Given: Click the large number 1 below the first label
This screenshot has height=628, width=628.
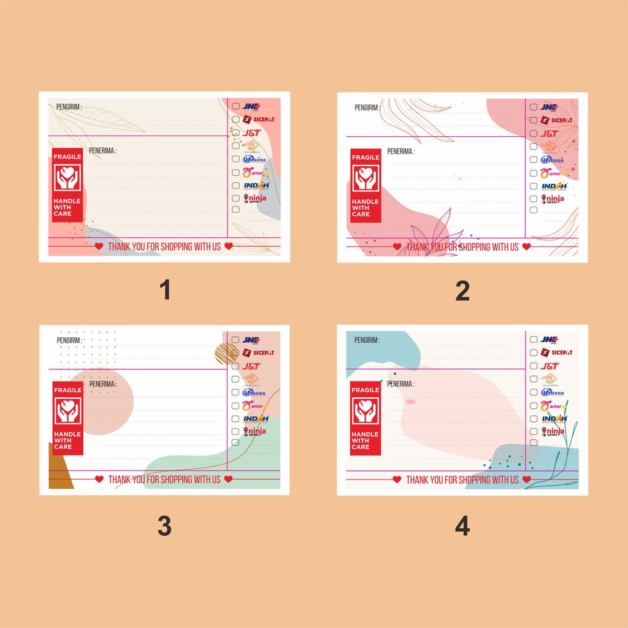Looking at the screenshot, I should (x=164, y=291).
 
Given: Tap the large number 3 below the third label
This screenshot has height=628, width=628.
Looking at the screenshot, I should (x=164, y=526).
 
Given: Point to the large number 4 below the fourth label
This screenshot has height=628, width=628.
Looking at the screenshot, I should (x=462, y=526).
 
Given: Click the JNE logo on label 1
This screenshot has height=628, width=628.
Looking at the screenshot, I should (x=251, y=107).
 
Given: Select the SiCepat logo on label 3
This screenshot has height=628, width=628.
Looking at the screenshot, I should (x=258, y=353).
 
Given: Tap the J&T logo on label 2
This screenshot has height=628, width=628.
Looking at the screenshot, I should (x=549, y=133).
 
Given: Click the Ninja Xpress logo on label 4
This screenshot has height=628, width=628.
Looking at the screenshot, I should (x=553, y=431).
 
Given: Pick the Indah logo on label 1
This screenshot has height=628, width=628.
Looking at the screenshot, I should (x=256, y=185).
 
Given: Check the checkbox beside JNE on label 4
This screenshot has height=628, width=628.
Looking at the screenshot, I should (x=534, y=340).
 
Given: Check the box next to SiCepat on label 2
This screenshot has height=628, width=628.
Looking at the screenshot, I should (x=534, y=120).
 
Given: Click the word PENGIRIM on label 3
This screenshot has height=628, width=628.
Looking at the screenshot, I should (x=69, y=340).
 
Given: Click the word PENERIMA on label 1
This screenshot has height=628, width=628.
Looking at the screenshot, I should (x=102, y=150).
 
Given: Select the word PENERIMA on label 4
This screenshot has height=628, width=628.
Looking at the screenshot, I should (x=400, y=384).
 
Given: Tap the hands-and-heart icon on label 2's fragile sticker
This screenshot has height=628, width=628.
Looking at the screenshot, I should (x=366, y=178).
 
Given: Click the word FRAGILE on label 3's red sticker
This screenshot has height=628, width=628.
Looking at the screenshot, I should (x=67, y=390).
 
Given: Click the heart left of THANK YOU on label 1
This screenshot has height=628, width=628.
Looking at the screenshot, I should (x=99, y=247).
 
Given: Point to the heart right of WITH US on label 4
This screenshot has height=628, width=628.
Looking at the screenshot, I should (x=527, y=480).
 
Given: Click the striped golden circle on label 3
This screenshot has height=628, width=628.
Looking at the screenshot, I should (x=226, y=353).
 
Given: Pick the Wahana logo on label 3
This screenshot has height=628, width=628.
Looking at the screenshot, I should (x=254, y=392).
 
